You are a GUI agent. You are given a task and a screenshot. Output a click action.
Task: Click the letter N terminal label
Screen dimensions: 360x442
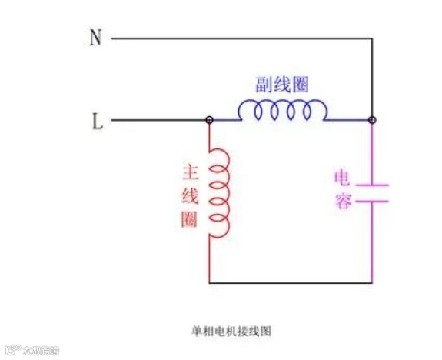95,38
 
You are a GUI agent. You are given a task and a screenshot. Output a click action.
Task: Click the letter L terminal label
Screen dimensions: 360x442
97,122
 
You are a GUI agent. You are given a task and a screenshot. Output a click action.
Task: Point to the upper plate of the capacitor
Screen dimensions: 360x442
372,185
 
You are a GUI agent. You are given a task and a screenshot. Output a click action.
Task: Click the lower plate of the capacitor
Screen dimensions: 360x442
372,201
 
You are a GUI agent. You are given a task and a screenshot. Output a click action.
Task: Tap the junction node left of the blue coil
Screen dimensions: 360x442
209,120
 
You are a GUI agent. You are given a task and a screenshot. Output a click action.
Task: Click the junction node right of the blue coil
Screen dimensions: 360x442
372,120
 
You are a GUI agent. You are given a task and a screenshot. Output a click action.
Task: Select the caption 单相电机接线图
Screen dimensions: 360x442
231,332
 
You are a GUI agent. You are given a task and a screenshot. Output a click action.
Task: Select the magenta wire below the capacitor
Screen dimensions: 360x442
372,242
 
